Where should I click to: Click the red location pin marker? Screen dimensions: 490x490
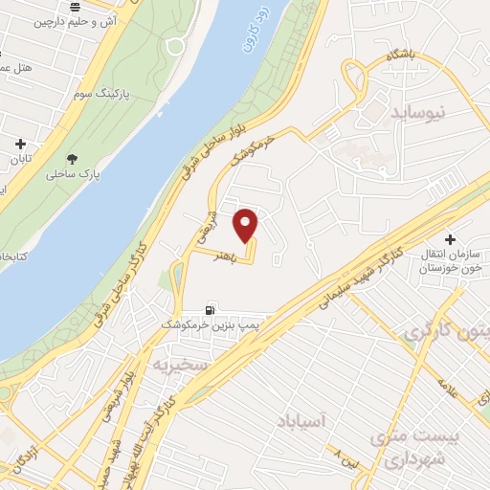(x=246, y=224)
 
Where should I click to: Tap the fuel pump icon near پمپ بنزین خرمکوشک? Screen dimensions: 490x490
(x=210, y=309)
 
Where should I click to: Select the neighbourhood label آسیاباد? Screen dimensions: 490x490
(x=301, y=420)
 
